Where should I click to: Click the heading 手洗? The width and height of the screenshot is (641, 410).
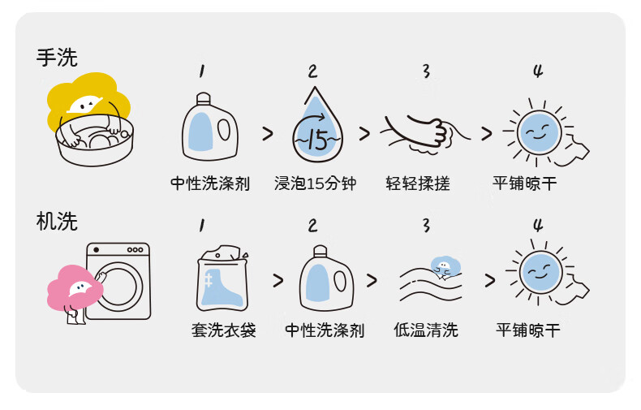click(x=57, y=58)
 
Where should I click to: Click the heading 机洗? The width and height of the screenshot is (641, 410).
click(x=57, y=222)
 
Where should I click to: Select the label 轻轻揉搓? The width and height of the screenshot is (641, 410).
click(x=418, y=183)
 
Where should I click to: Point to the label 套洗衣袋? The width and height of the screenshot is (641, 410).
click(x=223, y=330)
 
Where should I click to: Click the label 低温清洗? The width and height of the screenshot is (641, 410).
click(x=426, y=330)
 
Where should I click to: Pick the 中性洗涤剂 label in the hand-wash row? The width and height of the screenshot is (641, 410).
click(x=210, y=183)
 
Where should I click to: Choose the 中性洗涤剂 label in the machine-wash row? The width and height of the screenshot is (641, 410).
click(x=325, y=330)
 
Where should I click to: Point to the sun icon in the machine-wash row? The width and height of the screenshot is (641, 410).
click(x=540, y=274)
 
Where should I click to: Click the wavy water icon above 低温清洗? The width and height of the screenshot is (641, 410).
click(x=430, y=283)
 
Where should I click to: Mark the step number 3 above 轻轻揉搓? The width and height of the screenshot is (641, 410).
click(x=425, y=71)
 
